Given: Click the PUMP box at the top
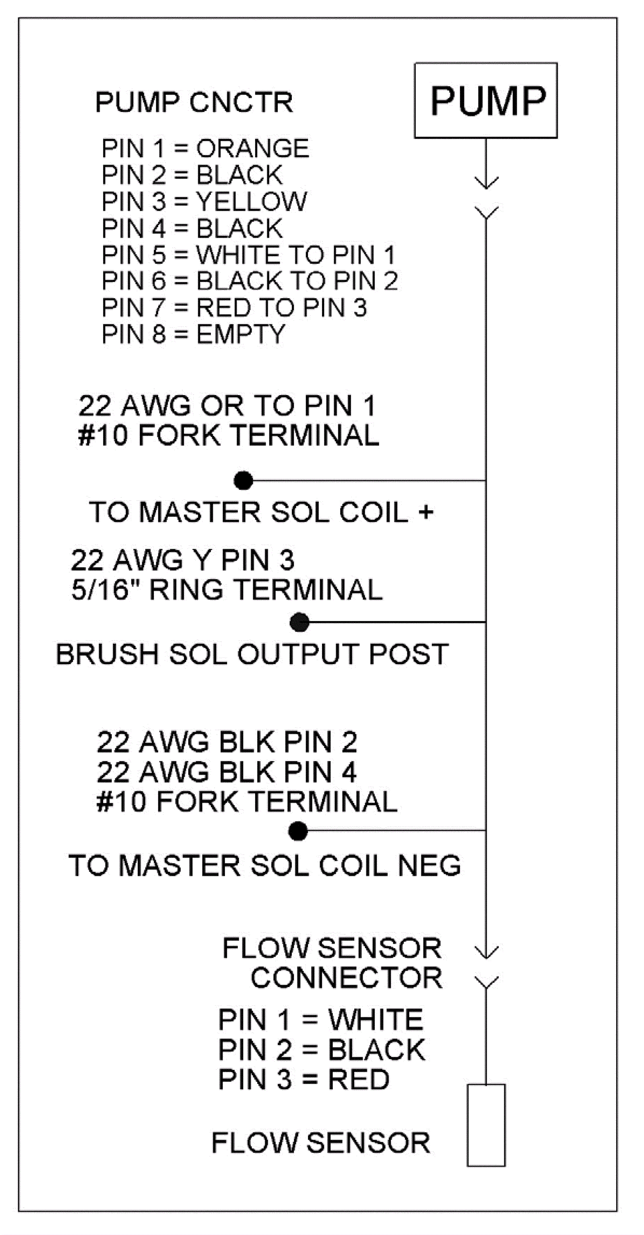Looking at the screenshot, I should point(486,101).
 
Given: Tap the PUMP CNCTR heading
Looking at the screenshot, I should point(194,102).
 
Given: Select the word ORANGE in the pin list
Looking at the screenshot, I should point(252,148).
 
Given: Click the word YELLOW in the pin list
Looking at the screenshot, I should point(251,202).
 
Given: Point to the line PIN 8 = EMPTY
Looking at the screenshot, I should point(193,334).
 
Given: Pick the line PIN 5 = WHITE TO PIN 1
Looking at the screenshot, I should point(248,255).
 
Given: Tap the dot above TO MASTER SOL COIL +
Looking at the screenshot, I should point(243,480).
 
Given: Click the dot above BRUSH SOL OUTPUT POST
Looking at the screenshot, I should point(300,622).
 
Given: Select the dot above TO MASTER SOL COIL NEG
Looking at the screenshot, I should point(298,831).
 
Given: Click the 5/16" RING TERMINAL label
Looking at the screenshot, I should point(227,590).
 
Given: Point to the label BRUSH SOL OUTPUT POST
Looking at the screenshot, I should point(252,654).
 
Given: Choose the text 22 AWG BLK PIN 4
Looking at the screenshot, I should point(227,772).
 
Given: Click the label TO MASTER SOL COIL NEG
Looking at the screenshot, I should point(265,866).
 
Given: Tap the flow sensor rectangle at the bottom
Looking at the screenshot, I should point(486,1125).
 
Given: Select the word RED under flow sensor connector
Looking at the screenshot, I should point(358,1080).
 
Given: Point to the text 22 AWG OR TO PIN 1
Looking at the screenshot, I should point(227,406).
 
